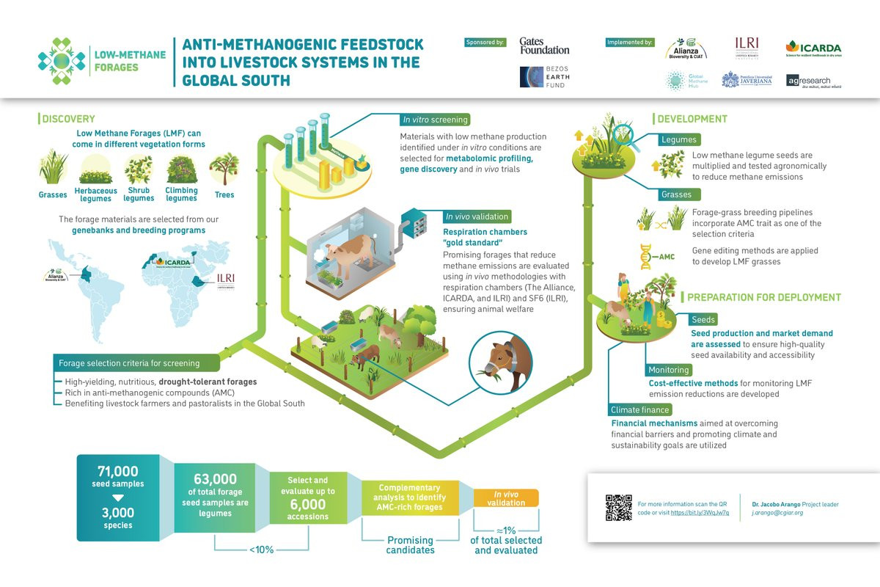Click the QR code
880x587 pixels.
click(619, 508)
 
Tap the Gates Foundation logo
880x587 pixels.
click(544, 46)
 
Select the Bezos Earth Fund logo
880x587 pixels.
click(544, 76)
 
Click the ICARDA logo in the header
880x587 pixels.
click(813, 48)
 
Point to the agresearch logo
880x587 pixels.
click(813, 80)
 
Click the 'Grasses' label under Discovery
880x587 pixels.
click(53, 195)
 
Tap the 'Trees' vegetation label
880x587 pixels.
click(224, 195)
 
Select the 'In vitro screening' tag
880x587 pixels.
click(435, 120)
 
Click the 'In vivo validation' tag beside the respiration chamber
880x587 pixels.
click(477, 216)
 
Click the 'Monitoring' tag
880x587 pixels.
click(668, 370)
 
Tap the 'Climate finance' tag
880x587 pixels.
click(640, 409)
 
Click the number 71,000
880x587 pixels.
click(117, 471)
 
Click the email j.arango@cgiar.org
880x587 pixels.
click(777, 513)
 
